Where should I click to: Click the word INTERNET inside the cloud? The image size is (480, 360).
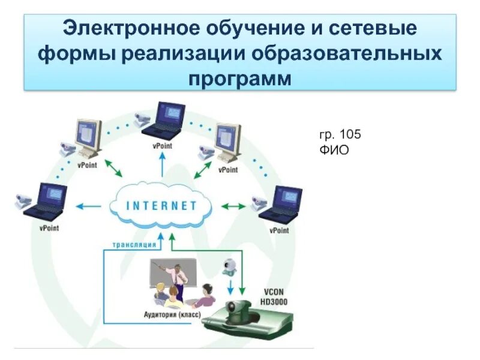[x=161, y=206]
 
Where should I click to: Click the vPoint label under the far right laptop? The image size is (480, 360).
[x=279, y=230]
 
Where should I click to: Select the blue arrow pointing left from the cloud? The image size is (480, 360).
[x=88, y=206]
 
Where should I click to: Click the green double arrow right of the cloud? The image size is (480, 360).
[x=233, y=206]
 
